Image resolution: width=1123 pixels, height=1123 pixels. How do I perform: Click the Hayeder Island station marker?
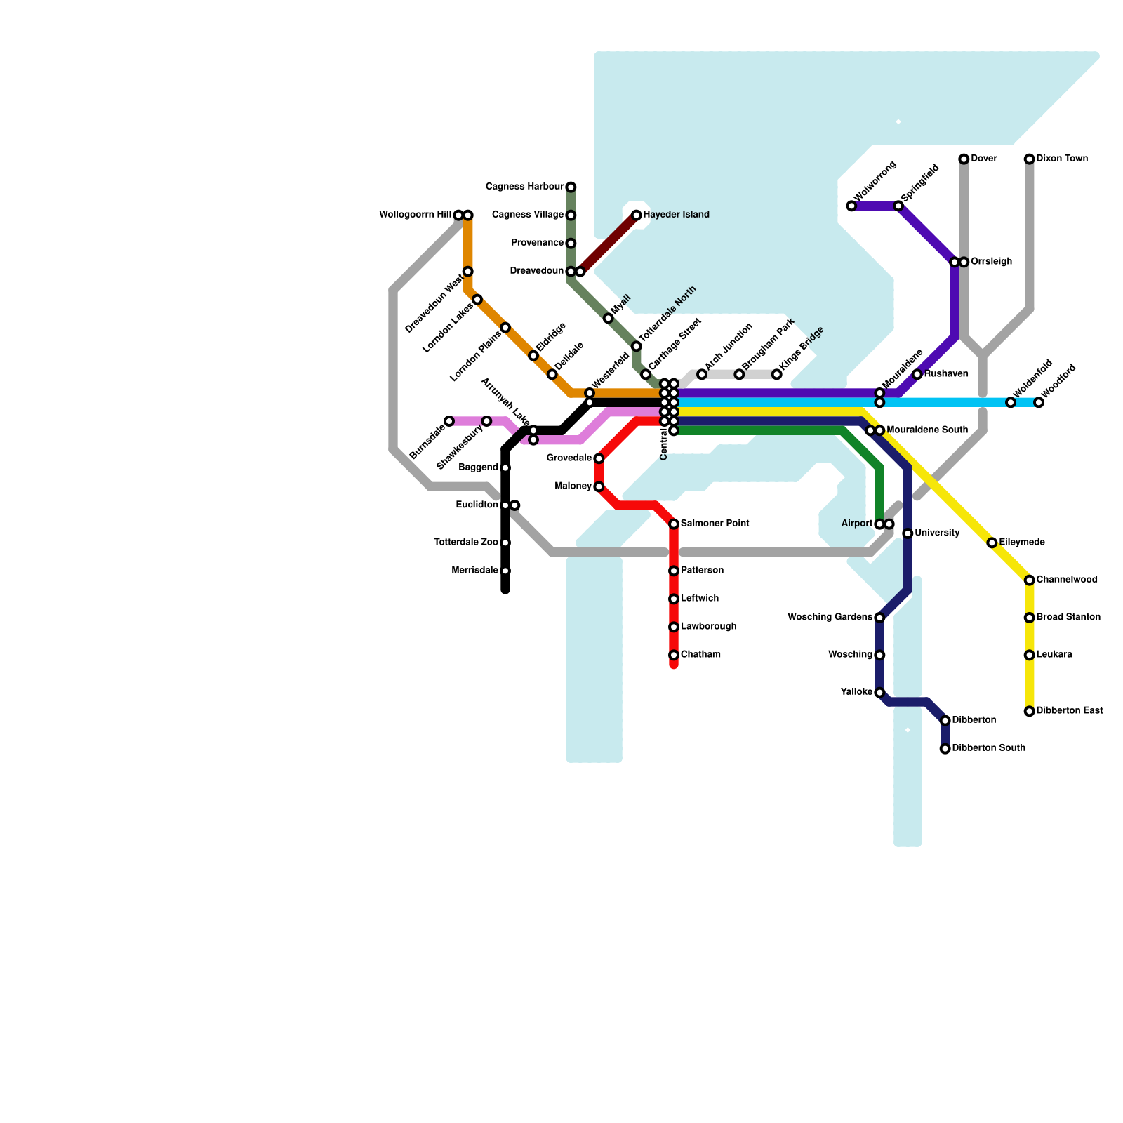point(636,215)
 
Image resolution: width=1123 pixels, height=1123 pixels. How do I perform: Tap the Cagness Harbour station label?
point(524,187)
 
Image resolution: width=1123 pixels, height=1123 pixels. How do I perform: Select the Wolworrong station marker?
point(851,206)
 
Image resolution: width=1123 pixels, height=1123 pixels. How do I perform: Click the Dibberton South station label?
point(988,748)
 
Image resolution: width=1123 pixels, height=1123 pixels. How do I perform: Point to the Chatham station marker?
point(674,655)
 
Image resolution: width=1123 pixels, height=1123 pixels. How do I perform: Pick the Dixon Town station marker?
point(1029,159)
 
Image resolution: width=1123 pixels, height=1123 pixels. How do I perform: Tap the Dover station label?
point(983,159)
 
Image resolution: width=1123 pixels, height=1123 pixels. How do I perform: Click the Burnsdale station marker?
point(449,421)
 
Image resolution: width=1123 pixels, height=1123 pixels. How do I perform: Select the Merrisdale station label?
point(475,571)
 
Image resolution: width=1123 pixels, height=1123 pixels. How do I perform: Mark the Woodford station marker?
point(1039,402)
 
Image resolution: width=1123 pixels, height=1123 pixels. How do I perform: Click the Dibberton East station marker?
point(1029,711)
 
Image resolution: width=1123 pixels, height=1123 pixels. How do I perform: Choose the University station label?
point(937,533)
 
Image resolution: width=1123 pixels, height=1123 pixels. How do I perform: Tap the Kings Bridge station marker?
point(777,374)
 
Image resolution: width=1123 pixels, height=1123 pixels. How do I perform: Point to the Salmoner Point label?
point(715,524)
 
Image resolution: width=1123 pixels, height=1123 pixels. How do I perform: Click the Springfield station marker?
point(898,206)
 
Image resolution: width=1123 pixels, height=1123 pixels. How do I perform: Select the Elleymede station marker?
point(992,543)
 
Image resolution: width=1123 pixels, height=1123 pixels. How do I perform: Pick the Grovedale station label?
point(569,458)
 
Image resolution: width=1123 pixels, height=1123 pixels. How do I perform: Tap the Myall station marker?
point(608,319)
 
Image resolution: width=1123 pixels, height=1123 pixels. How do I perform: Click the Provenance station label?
point(537,243)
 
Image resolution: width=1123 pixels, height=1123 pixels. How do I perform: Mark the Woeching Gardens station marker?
point(879,618)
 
